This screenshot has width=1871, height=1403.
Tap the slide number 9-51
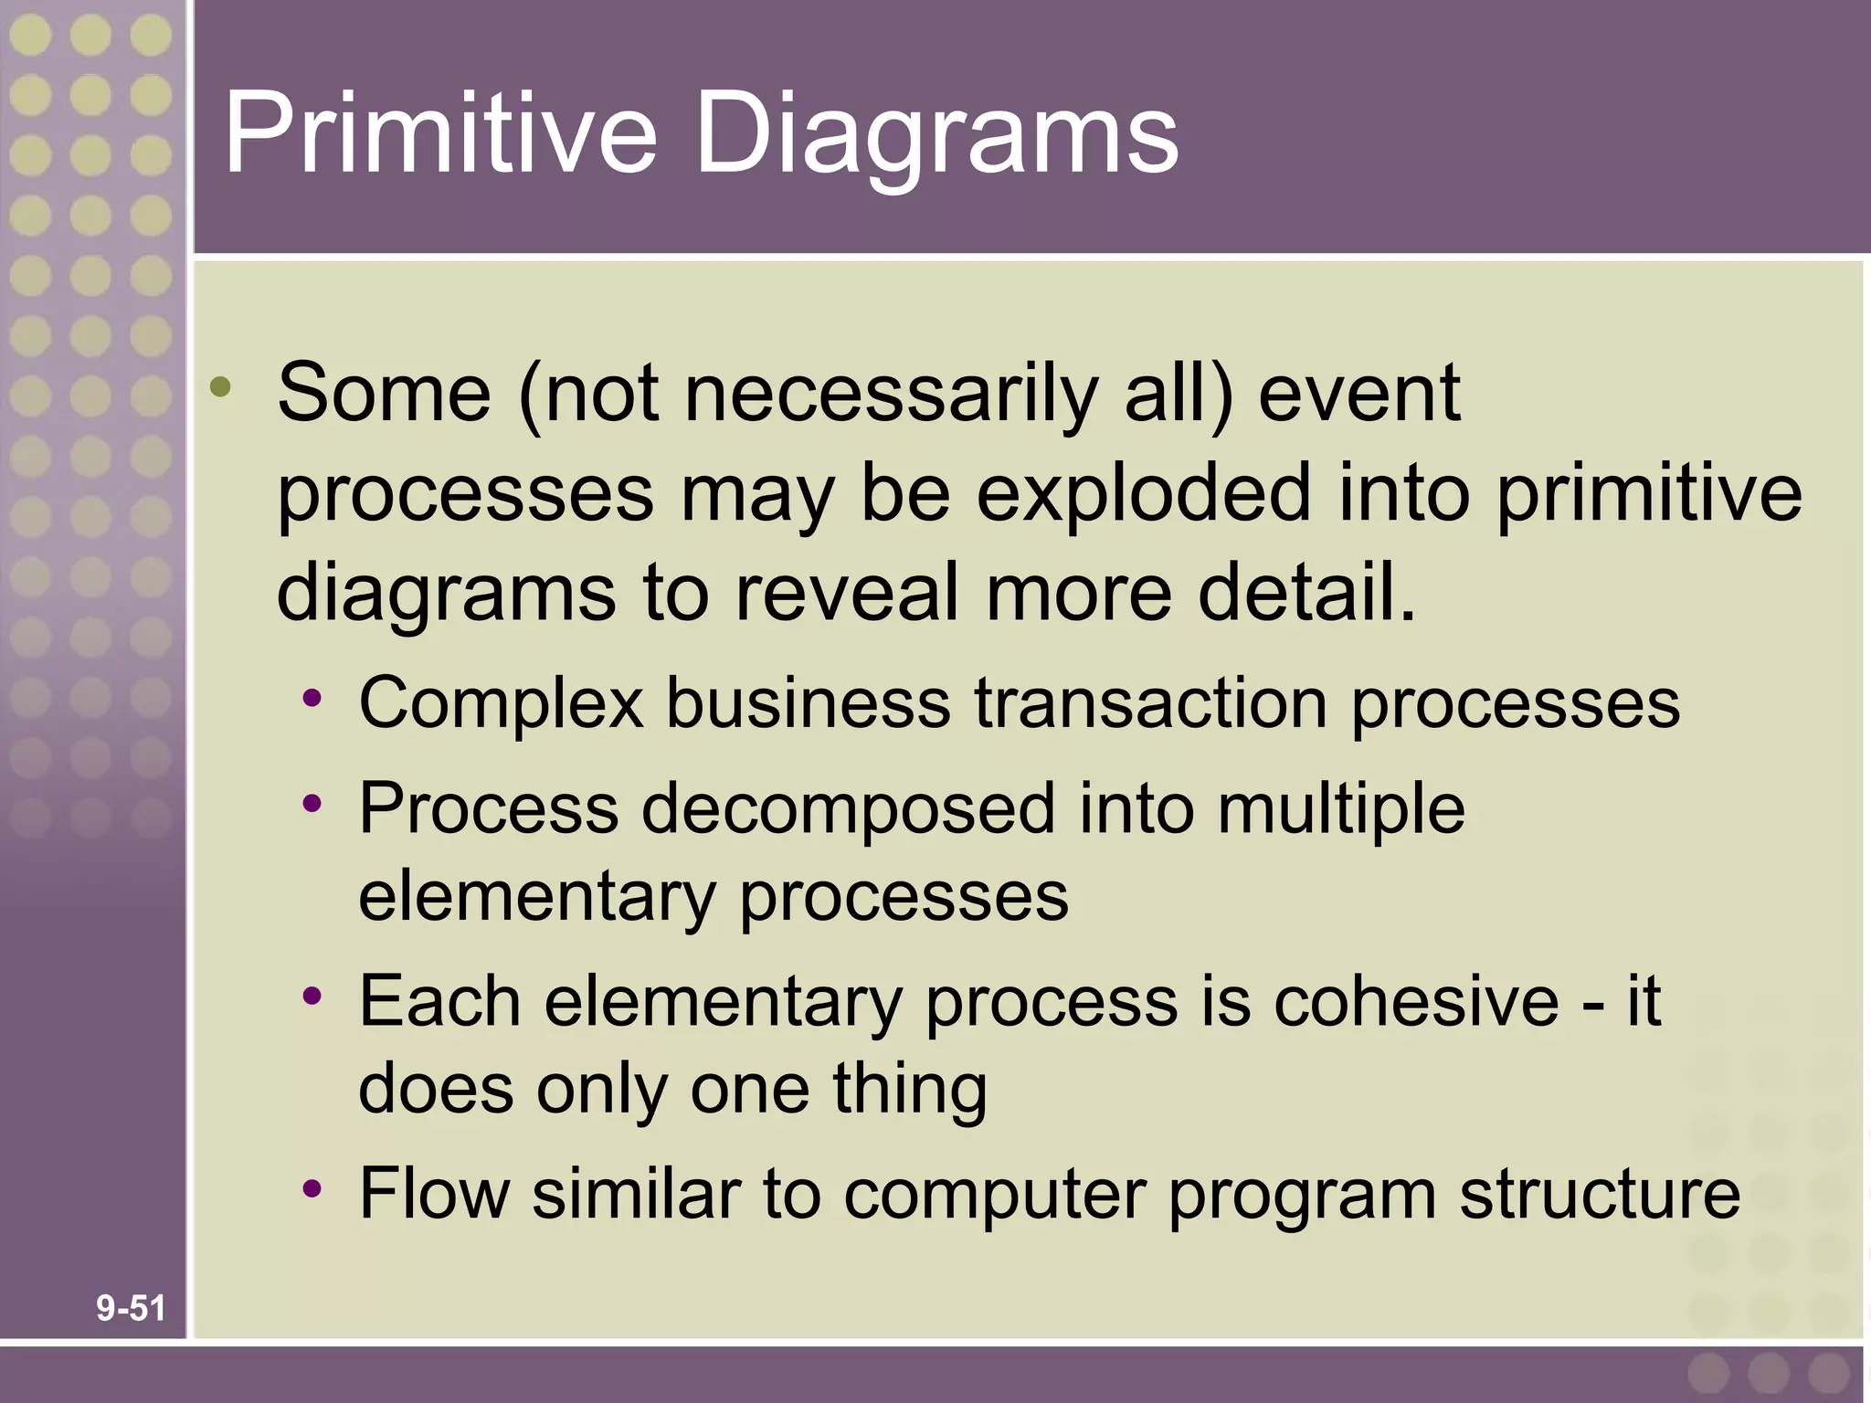click(x=131, y=1308)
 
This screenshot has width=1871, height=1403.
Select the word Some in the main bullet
click(x=384, y=393)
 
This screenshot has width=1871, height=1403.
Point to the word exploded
click(x=1143, y=493)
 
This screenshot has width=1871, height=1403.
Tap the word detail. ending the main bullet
click(x=1307, y=592)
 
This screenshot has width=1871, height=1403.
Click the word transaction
click(x=1150, y=703)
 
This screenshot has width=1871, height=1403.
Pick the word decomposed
click(x=848, y=809)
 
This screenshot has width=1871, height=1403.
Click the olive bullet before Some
click(x=220, y=387)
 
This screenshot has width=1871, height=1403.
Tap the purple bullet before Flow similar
click(x=313, y=1188)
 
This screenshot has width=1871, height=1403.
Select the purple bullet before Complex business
click(x=313, y=700)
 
